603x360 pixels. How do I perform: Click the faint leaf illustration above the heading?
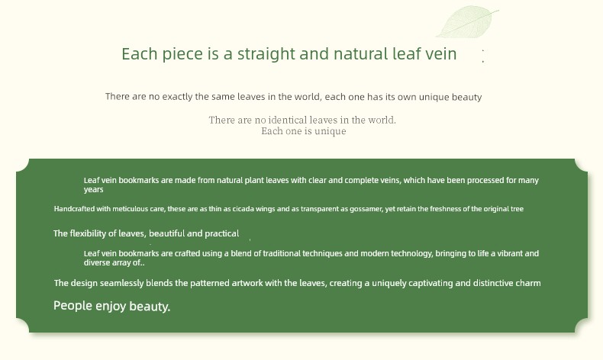[467, 22]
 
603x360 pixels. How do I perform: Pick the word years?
[93, 190]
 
